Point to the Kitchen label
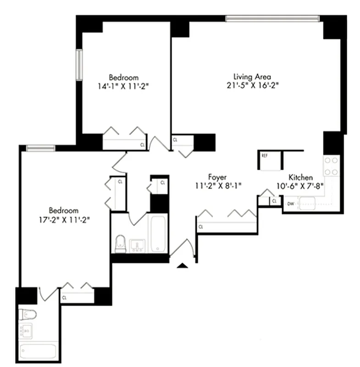[300, 178]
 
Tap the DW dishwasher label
[290, 203]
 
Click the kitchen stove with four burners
[331, 167]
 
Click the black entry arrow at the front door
[183, 265]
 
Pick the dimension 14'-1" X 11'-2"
[123, 86]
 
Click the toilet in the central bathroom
[120, 243]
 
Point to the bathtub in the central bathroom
[157, 234]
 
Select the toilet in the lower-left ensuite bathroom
[28, 314]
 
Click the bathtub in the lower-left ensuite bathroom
[38, 351]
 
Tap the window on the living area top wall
[272, 18]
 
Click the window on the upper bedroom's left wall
[79, 65]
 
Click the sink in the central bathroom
[136, 245]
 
